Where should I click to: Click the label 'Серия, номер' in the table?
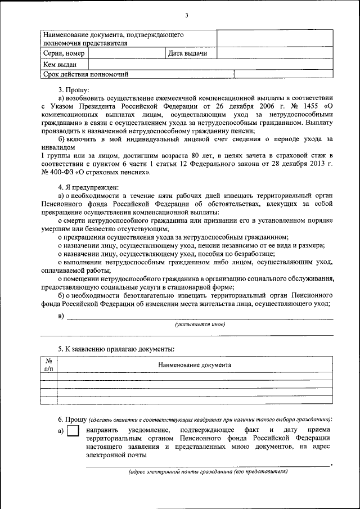[64, 53]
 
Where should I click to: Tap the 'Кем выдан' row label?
[60, 64]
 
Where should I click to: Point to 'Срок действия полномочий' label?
[86, 74]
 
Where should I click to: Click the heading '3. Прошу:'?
[74, 89]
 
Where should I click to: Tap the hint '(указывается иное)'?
[200, 325]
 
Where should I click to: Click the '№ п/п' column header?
[49, 364]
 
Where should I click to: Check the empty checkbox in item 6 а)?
[73, 431]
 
